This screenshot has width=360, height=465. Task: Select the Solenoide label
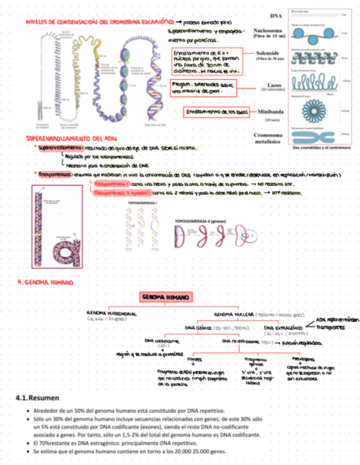click(269, 53)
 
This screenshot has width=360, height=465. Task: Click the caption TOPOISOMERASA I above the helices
click(142, 203)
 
